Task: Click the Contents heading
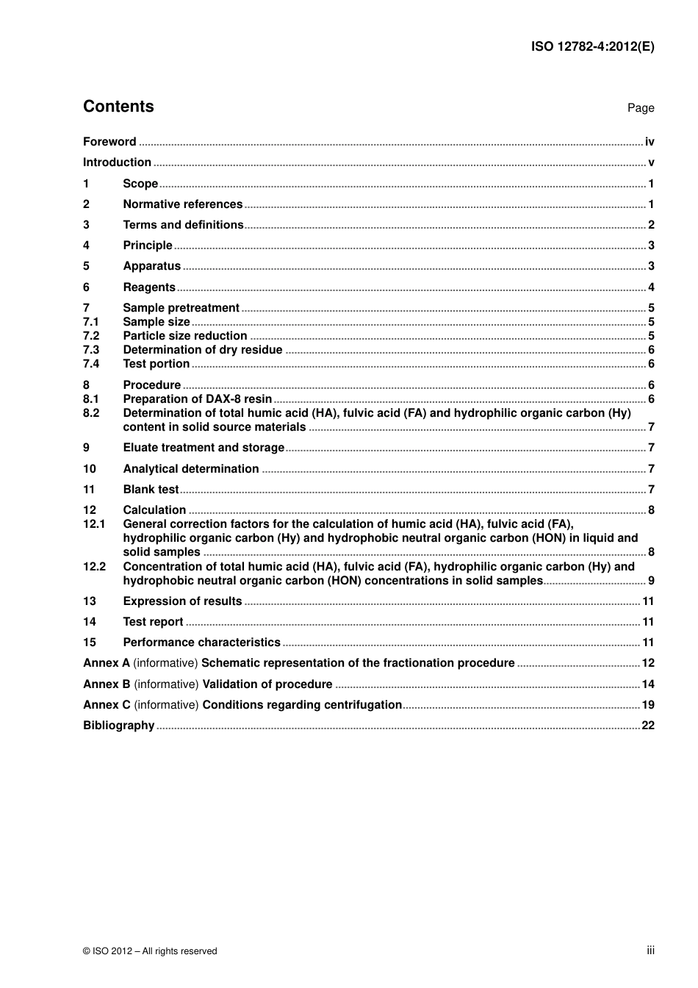[x=118, y=107]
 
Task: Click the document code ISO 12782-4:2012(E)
[x=592, y=46]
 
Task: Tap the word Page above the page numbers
[x=640, y=108]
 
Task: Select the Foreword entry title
[x=109, y=142]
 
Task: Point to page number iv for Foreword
[x=650, y=142]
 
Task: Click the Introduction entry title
[x=117, y=162]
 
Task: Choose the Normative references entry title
[x=182, y=204]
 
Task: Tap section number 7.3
[x=91, y=350]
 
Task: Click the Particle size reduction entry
[x=184, y=336]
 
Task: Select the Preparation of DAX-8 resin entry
[x=197, y=399]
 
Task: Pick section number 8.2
[x=91, y=413]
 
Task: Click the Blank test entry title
[x=151, y=490]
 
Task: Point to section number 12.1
[x=94, y=524]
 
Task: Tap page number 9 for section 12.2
[x=651, y=581]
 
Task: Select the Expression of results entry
[x=182, y=601]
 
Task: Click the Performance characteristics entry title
[x=201, y=642]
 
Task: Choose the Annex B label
[x=107, y=684]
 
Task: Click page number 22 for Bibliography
[x=648, y=726]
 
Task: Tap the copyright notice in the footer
[x=150, y=951]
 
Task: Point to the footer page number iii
[x=650, y=951]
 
